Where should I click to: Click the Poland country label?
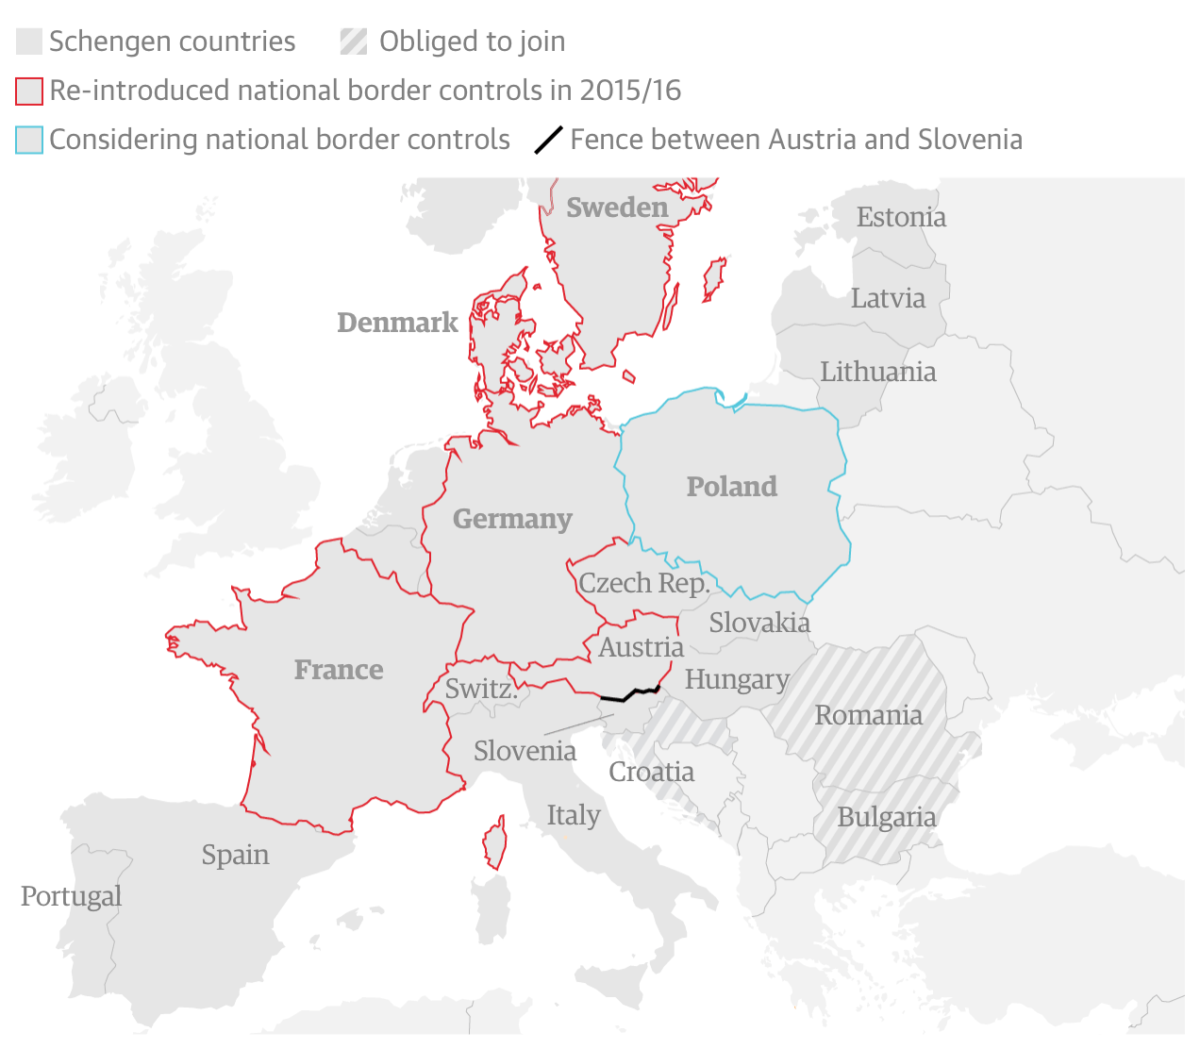point(732,487)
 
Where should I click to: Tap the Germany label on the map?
point(512,519)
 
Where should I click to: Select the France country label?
point(339,670)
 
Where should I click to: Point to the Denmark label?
point(397,323)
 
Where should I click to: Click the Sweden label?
point(617,208)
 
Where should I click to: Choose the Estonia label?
point(901,217)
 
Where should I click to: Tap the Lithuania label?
point(877,372)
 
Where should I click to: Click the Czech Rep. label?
point(643,583)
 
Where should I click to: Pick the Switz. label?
point(481,689)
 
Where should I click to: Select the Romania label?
point(868,715)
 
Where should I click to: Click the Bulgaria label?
point(887,817)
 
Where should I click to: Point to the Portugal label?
point(72,896)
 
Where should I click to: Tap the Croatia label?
point(651,772)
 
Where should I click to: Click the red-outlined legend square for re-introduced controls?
point(29,92)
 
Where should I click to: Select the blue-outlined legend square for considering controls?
point(29,141)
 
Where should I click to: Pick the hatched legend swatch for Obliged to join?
point(354,42)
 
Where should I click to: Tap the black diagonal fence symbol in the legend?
point(549,140)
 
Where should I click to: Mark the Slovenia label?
point(525,751)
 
